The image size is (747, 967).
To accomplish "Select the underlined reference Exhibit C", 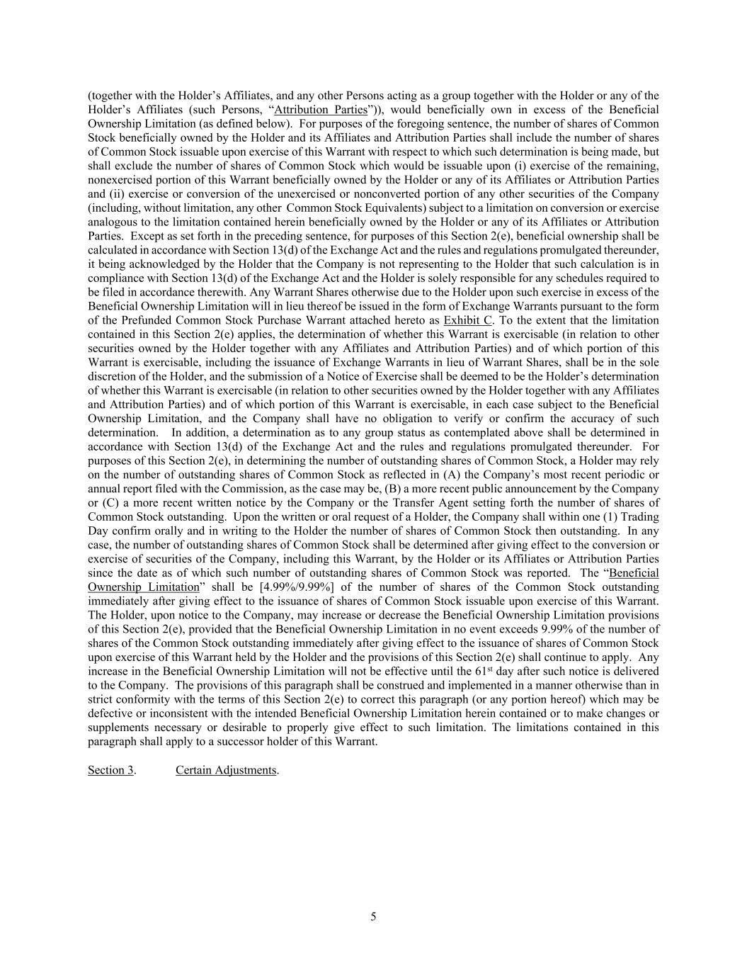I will [467, 320].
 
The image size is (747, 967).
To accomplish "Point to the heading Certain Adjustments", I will [226, 770].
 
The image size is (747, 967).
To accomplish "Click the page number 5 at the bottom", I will [373, 917].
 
